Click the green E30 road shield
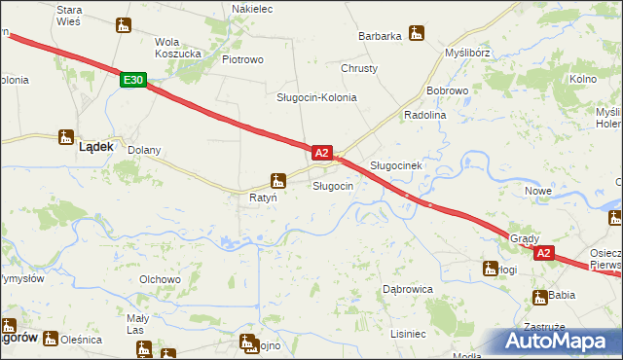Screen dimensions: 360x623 pos(134,82)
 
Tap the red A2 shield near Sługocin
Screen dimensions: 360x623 pos(323,153)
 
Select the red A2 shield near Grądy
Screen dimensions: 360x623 pos(543,253)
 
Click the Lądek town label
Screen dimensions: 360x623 pos(96,147)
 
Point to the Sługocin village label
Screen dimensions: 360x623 pos(332,185)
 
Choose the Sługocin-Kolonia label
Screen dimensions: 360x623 pos(316,97)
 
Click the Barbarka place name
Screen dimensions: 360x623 pos(380,36)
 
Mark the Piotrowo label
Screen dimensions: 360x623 pos(242,59)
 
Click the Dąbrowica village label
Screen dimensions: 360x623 pos(407,289)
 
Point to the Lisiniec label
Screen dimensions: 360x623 pos(408,334)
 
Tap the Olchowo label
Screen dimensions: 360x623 pos(161,279)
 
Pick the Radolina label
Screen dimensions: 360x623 pos(423,115)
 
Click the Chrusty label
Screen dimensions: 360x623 pos(359,68)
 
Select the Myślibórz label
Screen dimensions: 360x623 pos(467,52)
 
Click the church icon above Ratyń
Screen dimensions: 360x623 pos(278,180)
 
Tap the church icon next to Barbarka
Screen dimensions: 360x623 pos(417,33)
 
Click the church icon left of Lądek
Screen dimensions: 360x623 pos(65,137)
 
